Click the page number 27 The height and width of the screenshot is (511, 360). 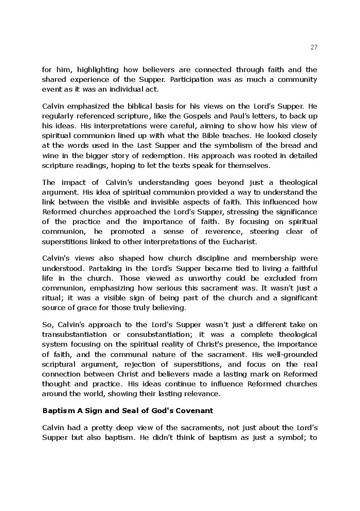[x=314, y=47]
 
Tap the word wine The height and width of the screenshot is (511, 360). [x=49, y=156]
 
